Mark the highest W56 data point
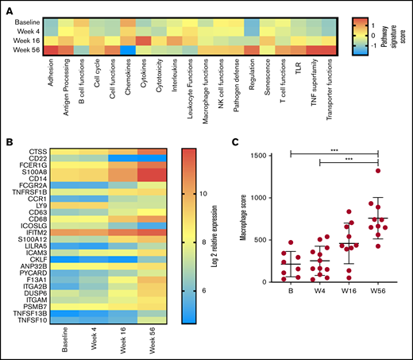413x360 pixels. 378,170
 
